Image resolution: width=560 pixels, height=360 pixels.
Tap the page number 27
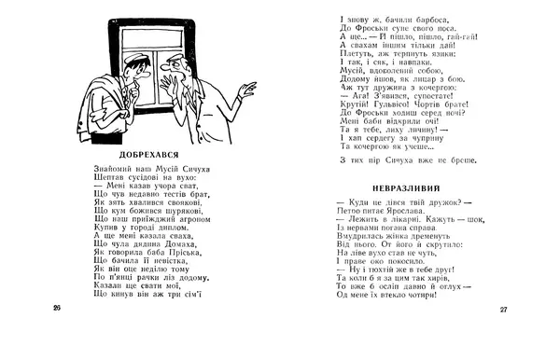(x=502, y=310)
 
